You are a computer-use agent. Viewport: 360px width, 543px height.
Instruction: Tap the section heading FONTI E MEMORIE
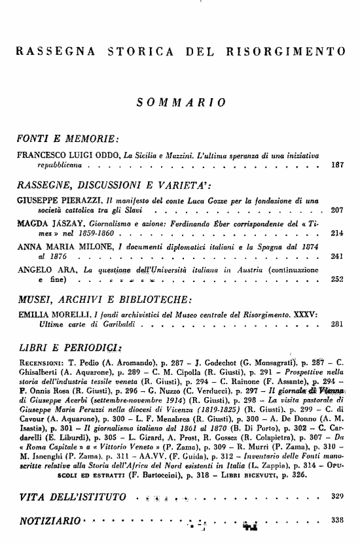[x=67, y=139]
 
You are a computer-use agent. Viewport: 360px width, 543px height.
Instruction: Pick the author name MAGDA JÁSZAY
[x=45, y=222]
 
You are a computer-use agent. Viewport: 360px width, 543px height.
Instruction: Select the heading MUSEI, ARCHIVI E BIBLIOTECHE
[x=105, y=300]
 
